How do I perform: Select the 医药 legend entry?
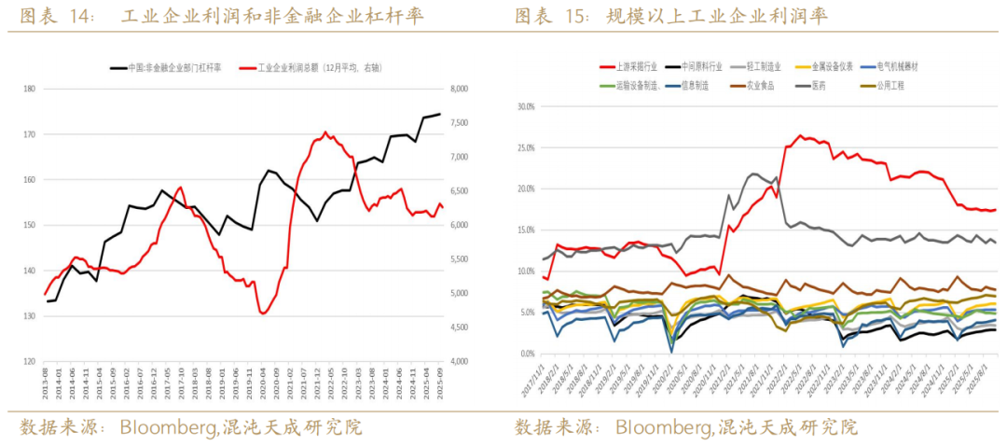(818, 85)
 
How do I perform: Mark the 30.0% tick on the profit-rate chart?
(525, 106)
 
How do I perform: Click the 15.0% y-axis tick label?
(525, 230)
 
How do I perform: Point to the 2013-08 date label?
(46, 383)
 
